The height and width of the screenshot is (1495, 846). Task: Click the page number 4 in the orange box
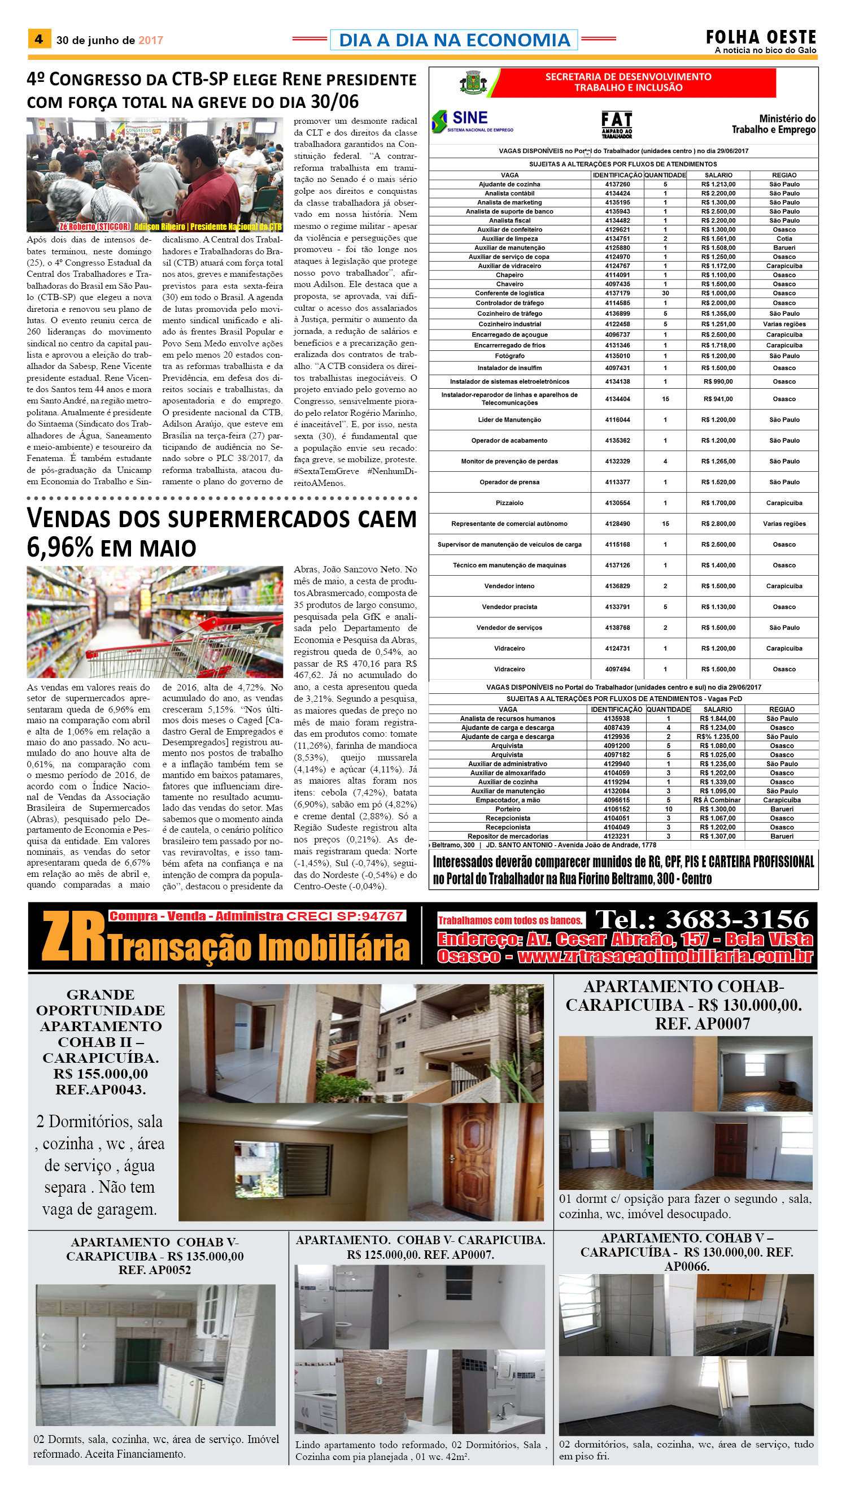(38, 39)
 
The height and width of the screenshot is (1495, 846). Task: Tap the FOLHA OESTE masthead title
(761, 37)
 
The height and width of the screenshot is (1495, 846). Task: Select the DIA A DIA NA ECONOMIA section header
(454, 40)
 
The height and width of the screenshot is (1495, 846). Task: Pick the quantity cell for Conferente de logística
(665, 293)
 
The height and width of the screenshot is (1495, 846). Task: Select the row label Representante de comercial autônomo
(509, 524)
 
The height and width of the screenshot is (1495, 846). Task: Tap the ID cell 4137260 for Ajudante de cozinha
(617, 184)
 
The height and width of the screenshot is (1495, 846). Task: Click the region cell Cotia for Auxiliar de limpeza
(784, 238)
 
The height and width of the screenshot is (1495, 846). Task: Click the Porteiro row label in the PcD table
(508, 809)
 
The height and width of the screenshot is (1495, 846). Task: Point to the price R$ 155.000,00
(101, 1074)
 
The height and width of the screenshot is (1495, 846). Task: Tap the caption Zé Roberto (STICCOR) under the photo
(95, 226)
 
